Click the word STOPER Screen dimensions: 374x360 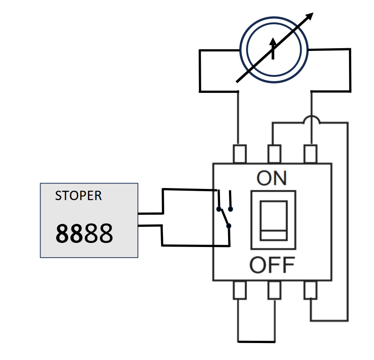tap(78, 196)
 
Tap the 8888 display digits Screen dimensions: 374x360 tap(84, 233)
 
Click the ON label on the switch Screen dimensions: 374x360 tap(272, 178)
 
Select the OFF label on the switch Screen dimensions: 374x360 tap(272, 265)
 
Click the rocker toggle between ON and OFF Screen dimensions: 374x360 tap(274, 220)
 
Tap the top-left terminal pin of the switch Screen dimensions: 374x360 tap(240, 154)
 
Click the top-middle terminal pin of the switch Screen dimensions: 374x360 tap(274, 154)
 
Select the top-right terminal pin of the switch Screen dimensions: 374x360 tap(311, 154)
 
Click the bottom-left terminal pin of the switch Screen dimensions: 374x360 tap(240, 290)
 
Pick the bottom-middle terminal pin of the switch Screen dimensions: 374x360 tap(274, 290)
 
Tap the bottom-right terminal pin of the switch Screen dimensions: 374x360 tap(311, 290)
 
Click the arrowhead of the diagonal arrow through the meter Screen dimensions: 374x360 tap(310, 16)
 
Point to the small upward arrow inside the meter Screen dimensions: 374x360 tap(273, 48)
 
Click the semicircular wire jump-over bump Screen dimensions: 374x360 tap(312, 118)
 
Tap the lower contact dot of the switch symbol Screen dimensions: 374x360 tap(229, 226)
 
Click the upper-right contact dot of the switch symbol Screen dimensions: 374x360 tap(230, 209)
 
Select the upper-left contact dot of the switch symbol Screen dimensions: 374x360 tap(219, 209)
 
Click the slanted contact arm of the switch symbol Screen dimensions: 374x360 tap(224, 218)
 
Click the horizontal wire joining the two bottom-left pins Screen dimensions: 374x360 tap(257, 342)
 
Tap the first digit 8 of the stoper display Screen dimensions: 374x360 tap(63, 233)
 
